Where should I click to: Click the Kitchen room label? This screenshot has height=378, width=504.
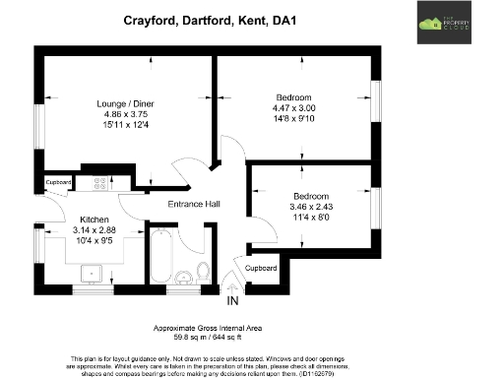click(94, 218)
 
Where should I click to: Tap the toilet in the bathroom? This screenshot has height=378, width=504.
click(203, 271)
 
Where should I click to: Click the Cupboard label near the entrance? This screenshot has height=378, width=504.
click(261, 268)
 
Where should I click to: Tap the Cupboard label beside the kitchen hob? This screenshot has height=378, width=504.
click(59, 183)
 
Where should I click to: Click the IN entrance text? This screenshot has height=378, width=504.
click(233, 301)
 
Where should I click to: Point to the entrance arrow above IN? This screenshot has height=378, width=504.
click(233, 286)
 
